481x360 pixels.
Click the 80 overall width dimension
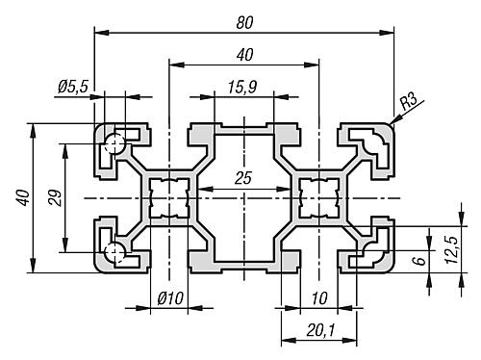[244, 23]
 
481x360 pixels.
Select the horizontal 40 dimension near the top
[244, 55]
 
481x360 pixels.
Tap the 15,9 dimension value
[242, 88]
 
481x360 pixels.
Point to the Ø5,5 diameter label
[73, 87]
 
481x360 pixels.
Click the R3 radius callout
[409, 101]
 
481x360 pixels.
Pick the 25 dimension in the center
[243, 178]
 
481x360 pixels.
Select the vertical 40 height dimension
[24, 197]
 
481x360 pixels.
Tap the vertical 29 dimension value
[55, 198]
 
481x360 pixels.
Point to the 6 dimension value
[421, 259]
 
